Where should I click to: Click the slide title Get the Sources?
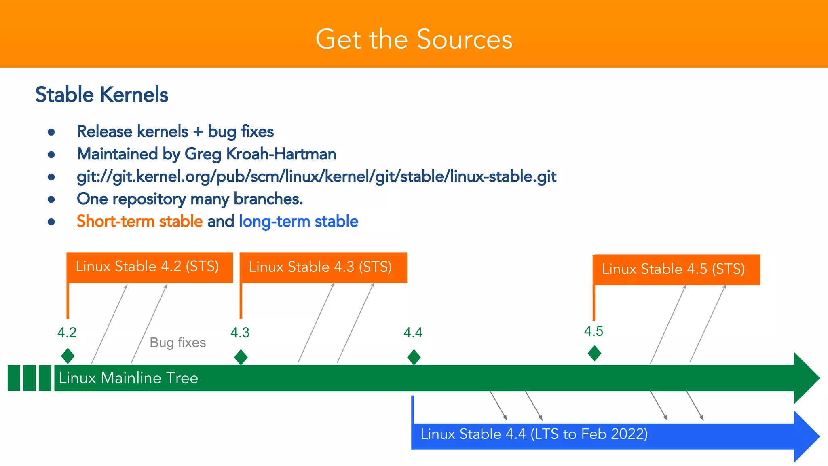tap(414, 39)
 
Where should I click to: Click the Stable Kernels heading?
tap(101, 95)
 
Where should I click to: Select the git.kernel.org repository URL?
tap(316, 177)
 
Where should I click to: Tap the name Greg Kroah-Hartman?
tap(260, 154)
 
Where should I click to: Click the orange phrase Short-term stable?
tap(139, 221)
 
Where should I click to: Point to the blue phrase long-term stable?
tap(298, 221)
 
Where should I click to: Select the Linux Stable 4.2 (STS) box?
tap(149, 267)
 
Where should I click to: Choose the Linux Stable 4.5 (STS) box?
tap(676, 269)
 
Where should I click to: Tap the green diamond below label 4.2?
tap(68, 356)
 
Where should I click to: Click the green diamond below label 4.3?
tap(241, 357)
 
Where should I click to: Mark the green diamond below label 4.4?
tap(414, 357)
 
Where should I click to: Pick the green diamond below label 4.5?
tap(594, 353)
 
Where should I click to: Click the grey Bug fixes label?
tap(177, 343)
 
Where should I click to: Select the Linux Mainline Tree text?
tap(128, 378)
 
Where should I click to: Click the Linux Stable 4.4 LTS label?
tap(534, 434)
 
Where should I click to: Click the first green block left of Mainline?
tap(14, 378)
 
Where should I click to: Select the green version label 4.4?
tap(413, 333)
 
